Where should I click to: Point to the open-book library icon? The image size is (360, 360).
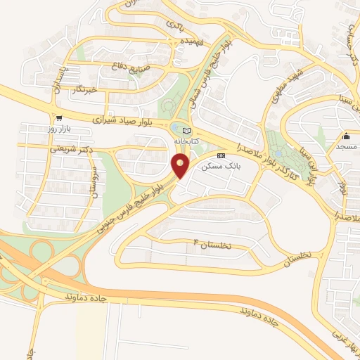186,131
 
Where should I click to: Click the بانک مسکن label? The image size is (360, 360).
221,167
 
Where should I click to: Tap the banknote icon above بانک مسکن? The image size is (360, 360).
221,155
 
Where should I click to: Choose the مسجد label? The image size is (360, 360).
346,147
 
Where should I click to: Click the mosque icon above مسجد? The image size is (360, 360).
346,136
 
